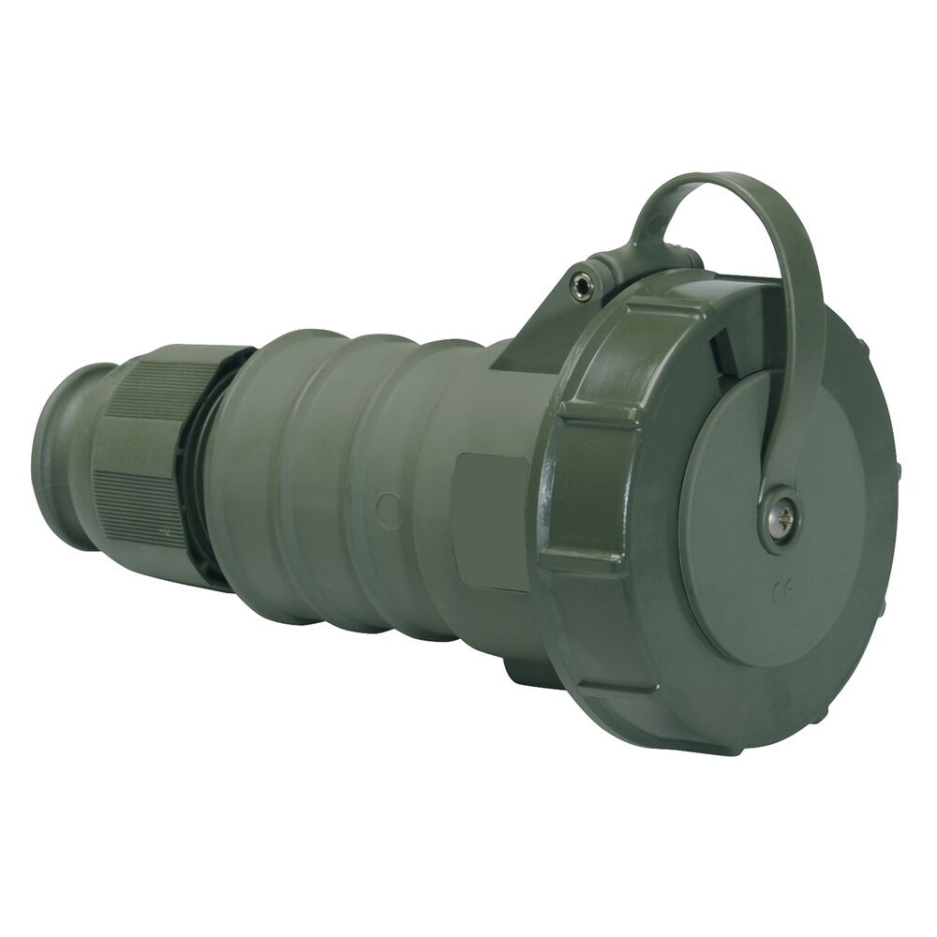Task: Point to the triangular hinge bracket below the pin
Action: point(543,328)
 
